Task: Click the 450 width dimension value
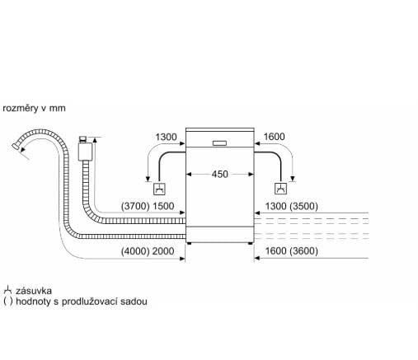point(220,174)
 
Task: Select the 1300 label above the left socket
point(166,137)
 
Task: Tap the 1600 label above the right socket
point(274,137)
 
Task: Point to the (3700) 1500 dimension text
point(148,206)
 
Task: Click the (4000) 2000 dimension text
point(148,251)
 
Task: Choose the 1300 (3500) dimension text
point(292,206)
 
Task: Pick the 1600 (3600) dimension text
point(292,251)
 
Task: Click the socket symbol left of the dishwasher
point(159,189)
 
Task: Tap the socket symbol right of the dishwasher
point(281,189)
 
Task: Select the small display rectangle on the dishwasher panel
point(219,143)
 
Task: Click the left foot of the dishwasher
point(189,243)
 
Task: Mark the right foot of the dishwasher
point(251,243)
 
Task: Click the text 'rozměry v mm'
point(34,108)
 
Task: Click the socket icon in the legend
point(7,291)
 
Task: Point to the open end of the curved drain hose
point(16,146)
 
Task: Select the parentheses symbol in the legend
point(8,302)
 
